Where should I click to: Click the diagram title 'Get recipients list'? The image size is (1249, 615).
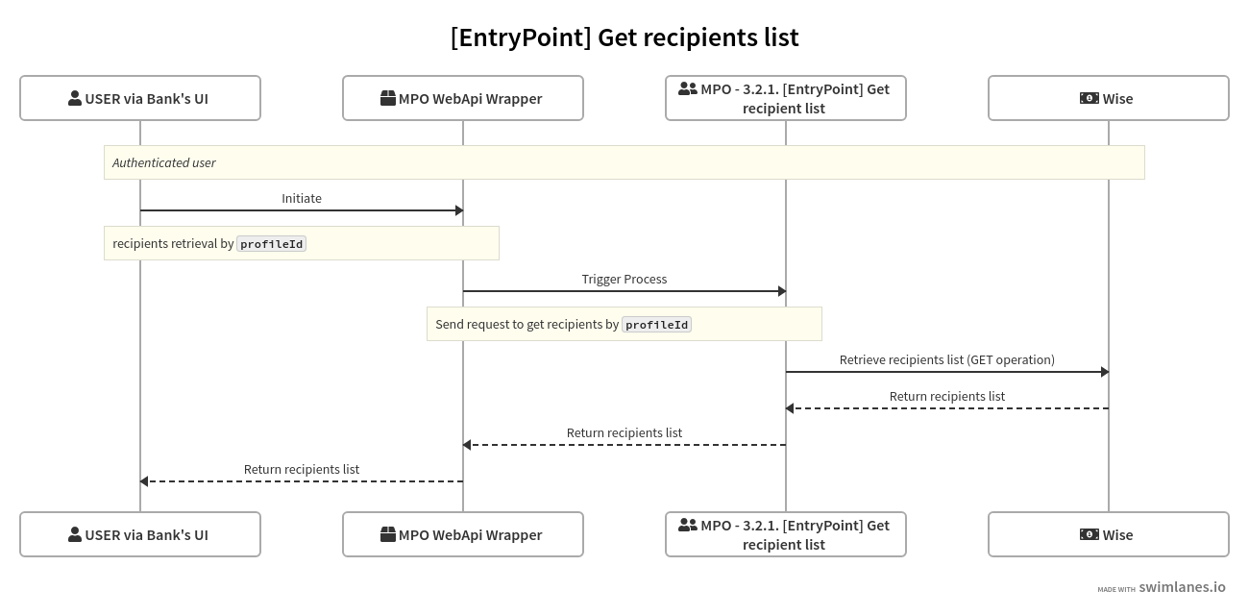[624, 37]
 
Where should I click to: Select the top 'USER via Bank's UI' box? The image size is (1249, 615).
[140, 98]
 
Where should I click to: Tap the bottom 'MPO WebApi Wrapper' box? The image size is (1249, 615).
[463, 534]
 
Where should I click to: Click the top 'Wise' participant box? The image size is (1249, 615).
[1109, 98]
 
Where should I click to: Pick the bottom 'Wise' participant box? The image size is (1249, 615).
[1109, 534]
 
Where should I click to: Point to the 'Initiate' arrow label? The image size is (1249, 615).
[302, 198]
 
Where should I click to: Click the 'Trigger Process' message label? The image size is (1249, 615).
[624, 279]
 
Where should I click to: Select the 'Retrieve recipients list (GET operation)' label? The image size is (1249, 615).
[947, 359]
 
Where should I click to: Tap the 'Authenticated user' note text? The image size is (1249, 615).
[164, 162]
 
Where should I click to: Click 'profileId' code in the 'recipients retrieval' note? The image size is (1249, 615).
[272, 244]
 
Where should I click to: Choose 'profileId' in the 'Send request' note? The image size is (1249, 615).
[656, 325]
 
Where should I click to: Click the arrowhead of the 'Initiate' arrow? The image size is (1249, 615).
[458, 210]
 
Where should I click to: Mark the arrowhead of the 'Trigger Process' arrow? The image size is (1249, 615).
[781, 291]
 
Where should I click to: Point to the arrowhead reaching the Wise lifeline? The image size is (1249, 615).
[1104, 372]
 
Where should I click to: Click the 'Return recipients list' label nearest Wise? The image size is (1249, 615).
[947, 396]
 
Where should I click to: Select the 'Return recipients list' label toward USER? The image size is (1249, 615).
[302, 469]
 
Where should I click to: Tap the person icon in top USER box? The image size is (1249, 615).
[75, 98]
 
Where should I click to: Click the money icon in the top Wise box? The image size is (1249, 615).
[1089, 98]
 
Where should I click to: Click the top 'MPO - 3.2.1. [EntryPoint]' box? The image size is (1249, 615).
[786, 98]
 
